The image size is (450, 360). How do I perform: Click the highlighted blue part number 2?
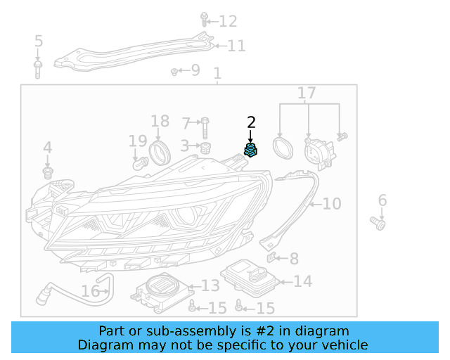tap(250, 150)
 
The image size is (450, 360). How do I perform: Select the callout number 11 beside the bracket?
tap(236, 46)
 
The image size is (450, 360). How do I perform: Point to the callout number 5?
tap(38, 41)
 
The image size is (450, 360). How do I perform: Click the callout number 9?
tap(195, 70)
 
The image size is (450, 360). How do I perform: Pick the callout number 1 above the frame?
tap(217, 73)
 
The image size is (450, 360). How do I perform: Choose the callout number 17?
tap(307, 93)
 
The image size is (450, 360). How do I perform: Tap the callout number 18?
tap(160, 121)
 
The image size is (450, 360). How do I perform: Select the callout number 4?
tap(47, 148)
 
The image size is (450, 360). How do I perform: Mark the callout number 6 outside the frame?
tap(382, 201)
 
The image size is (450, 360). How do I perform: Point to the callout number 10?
tap(331, 204)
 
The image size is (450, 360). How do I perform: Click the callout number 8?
tap(294, 259)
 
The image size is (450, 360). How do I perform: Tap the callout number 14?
tap(302, 282)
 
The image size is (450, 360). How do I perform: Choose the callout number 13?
tap(210, 285)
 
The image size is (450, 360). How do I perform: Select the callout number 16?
tap(90, 291)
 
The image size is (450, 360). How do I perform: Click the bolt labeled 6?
tap(378, 224)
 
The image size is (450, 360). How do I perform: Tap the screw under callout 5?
tap(38, 68)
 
